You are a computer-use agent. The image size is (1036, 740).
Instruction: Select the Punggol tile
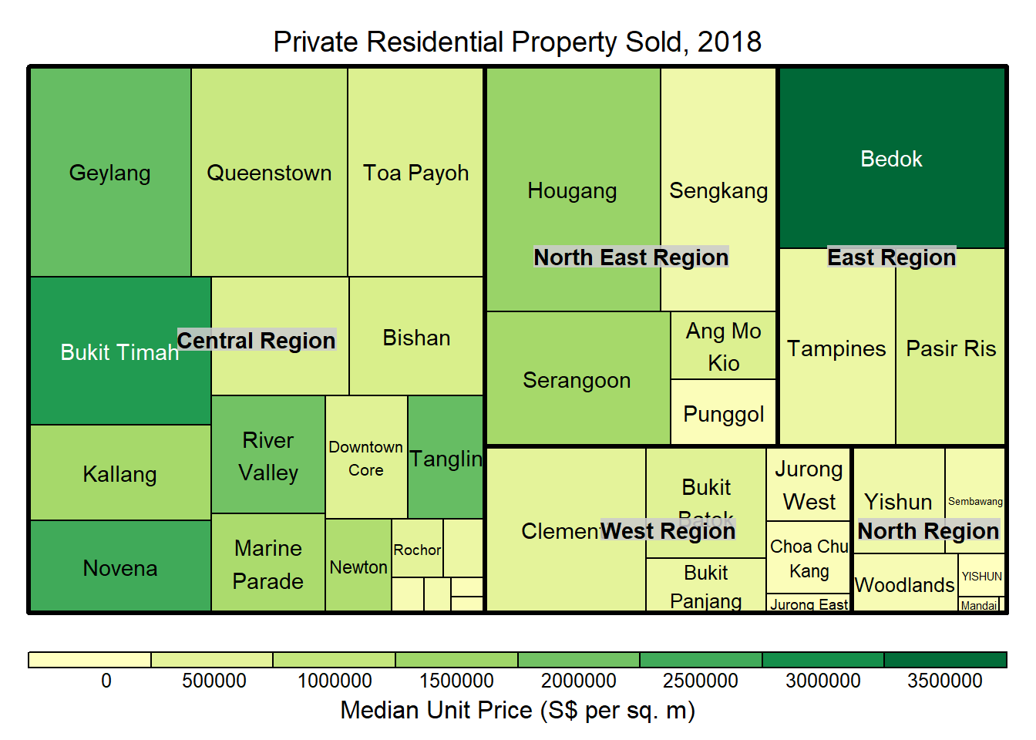(723, 414)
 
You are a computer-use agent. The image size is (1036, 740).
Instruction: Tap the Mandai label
(979, 605)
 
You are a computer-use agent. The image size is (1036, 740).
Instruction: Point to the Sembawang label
(975, 501)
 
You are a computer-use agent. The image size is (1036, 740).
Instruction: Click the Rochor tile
(417, 550)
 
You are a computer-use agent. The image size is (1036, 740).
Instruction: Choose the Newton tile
(358, 567)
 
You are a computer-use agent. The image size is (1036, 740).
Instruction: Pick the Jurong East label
(809, 604)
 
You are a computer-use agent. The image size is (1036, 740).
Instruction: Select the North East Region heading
(631, 257)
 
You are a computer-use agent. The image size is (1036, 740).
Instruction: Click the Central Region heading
(256, 340)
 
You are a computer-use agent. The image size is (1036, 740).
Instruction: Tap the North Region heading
(928, 530)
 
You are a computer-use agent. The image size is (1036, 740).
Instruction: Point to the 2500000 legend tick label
(700, 681)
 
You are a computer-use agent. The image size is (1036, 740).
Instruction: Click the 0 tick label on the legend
(106, 681)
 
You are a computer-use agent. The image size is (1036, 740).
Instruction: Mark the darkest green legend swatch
(945, 660)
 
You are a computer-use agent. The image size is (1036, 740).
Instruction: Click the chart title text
(517, 42)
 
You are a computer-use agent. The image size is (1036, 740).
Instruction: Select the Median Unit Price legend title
(517, 710)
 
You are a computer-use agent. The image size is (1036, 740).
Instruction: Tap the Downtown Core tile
(366, 458)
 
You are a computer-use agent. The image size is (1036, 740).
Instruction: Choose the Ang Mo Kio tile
(723, 346)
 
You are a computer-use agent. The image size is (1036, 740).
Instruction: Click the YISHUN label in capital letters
(981, 576)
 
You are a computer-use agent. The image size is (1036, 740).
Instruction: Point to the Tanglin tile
(446, 459)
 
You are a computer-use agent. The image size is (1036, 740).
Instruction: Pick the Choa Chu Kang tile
(809, 558)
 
